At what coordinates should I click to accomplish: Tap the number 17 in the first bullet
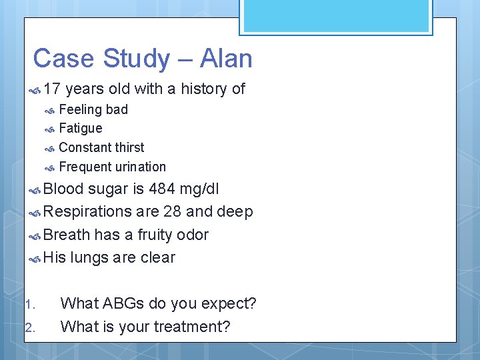53,89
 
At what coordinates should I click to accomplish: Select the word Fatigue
81,128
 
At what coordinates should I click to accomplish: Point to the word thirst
128,147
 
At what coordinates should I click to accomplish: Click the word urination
140,167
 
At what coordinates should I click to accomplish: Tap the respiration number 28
165,212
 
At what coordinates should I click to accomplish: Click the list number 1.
29,305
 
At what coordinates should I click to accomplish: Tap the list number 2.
29,327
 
